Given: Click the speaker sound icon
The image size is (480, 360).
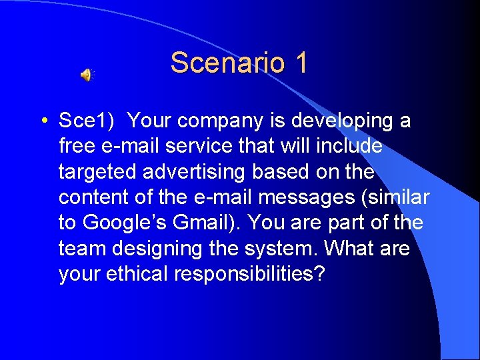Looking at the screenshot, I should click(x=87, y=75).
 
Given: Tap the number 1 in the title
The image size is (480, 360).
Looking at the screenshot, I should click(x=300, y=63).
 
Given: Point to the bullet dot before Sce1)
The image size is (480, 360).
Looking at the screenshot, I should click(x=43, y=122).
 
